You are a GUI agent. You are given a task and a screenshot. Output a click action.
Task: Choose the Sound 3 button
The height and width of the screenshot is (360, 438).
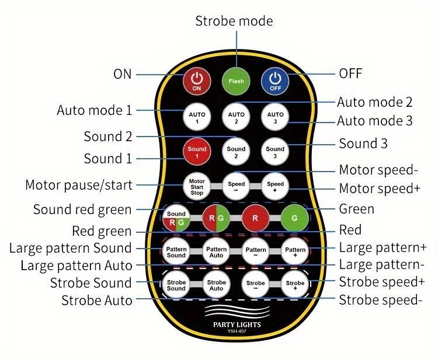(275, 152)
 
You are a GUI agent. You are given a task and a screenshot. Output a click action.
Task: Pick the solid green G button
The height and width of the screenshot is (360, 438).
(294, 219)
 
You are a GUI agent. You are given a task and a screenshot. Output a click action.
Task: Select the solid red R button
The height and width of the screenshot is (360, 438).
(256, 219)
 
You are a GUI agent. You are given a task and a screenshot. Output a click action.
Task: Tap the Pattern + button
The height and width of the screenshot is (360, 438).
(294, 253)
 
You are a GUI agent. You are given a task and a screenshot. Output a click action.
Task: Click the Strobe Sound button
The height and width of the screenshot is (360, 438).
(176, 286)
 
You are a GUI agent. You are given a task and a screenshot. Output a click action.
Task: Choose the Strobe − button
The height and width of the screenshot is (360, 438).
(256, 286)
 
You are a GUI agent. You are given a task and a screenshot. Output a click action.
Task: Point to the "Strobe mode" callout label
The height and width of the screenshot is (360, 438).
(234, 21)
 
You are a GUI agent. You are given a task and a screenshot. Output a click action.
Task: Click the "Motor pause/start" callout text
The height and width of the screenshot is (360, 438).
(78, 185)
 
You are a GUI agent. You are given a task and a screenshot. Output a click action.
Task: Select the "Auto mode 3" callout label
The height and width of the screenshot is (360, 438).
(374, 121)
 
